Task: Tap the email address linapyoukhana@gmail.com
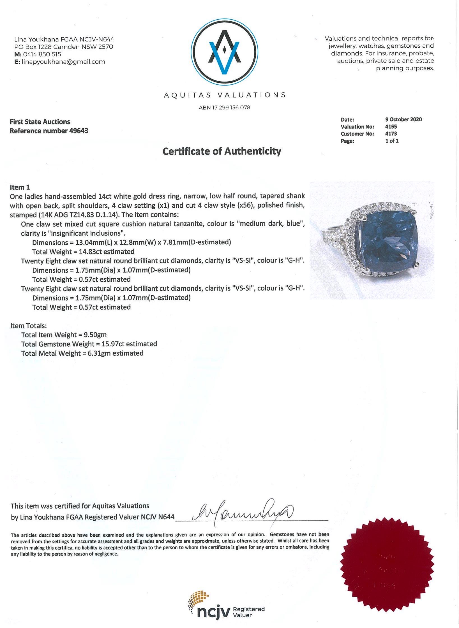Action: point(63,62)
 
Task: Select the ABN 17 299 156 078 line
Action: point(224,108)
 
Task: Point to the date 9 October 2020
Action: point(403,119)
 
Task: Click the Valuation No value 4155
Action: point(391,127)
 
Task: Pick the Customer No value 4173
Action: point(391,134)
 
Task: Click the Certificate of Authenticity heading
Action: point(222,151)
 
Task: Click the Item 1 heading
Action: point(20,187)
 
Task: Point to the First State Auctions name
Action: point(40,122)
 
